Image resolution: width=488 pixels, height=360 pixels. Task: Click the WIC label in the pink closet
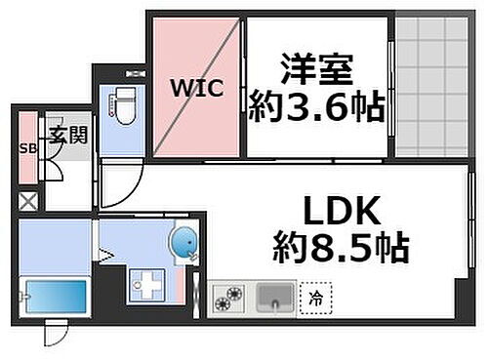[199, 88]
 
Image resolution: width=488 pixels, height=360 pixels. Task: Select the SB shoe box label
[27, 150]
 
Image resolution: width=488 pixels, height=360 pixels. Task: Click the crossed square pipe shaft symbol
[28, 205]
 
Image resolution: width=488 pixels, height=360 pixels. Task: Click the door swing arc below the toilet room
[120, 185]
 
